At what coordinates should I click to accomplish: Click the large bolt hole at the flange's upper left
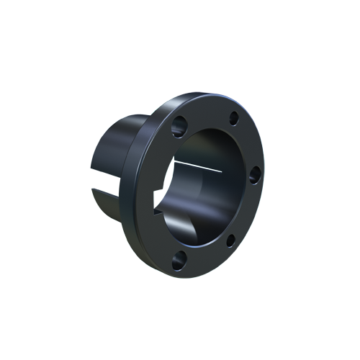[x=178, y=127]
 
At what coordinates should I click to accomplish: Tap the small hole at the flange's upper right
[x=233, y=120]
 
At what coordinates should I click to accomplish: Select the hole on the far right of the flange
[x=253, y=175]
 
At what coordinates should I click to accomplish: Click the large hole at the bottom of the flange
[x=177, y=258]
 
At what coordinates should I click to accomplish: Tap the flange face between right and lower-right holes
[x=246, y=210]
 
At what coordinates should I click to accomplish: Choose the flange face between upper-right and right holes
[x=248, y=144]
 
